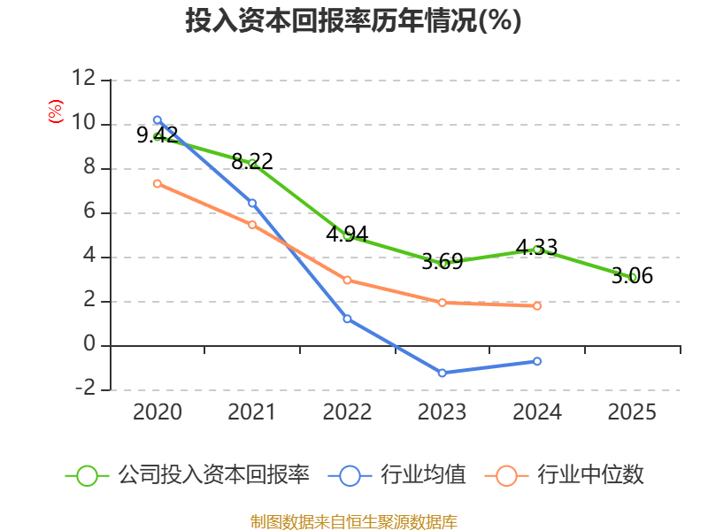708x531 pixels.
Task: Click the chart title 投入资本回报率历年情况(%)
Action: pyautogui.click(x=353, y=21)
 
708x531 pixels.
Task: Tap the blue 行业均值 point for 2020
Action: pyautogui.click(x=158, y=119)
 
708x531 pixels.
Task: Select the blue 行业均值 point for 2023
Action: pyautogui.click(x=442, y=373)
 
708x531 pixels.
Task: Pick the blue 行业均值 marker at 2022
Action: pyautogui.click(x=347, y=319)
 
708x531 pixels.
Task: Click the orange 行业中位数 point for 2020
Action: pyautogui.click(x=158, y=183)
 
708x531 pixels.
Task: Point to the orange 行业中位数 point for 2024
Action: pyautogui.click(x=537, y=306)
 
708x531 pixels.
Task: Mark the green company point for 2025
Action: pyautogui.click(x=633, y=277)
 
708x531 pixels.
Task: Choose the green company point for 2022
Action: pyautogui.click(x=347, y=235)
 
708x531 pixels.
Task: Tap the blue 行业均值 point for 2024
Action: pyautogui.click(x=537, y=361)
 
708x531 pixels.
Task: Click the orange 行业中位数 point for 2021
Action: pyautogui.click(x=252, y=225)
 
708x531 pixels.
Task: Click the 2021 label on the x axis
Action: pyautogui.click(x=252, y=412)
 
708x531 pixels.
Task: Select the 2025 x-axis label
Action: pyautogui.click(x=633, y=412)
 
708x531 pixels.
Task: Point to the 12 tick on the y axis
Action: pyautogui.click(x=84, y=80)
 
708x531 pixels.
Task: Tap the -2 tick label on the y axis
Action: pyautogui.click(x=84, y=389)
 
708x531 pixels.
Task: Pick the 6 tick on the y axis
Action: pyautogui.click(x=89, y=212)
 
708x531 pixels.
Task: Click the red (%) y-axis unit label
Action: pyautogui.click(x=55, y=112)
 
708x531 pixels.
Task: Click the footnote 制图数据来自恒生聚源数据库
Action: pyautogui.click(x=353, y=521)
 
